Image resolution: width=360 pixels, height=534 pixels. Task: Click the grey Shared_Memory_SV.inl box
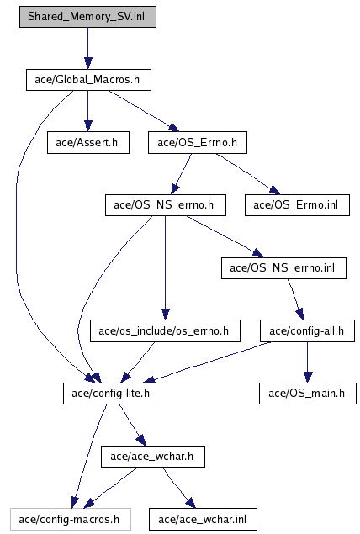click(x=87, y=17)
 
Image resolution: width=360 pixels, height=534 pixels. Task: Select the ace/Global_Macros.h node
click(x=88, y=80)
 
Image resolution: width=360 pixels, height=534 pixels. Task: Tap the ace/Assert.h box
click(x=88, y=143)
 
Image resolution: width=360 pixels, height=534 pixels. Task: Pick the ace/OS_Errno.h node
click(x=198, y=143)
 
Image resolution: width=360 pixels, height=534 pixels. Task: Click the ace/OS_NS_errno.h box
click(x=166, y=205)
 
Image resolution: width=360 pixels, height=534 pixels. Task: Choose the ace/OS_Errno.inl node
click(x=297, y=205)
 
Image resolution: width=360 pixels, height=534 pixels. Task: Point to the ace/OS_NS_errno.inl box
click(x=283, y=268)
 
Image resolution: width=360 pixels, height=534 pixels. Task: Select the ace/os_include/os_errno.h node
click(x=165, y=331)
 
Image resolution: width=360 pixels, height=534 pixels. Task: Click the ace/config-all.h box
click(x=308, y=331)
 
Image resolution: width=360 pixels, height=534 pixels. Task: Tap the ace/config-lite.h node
click(x=112, y=394)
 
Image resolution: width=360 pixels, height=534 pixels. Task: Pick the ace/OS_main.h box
click(x=308, y=394)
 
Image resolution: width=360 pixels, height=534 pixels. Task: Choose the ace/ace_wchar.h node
click(x=153, y=457)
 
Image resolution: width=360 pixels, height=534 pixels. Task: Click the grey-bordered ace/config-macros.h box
click(x=71, y=520)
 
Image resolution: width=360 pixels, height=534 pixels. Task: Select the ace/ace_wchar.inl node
click(x=203, y=520)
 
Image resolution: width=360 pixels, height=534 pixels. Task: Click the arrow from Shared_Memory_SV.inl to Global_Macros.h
click(x=87, y=49)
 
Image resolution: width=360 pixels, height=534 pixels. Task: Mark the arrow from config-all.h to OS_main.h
click(x=308, y=362)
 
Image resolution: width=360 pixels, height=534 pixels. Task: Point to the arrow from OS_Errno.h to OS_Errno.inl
click(x=247, y=174)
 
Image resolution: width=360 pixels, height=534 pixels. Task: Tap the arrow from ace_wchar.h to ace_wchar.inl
click(x=179, y=488)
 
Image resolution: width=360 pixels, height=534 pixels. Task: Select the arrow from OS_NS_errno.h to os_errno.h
click(x=165, y=267)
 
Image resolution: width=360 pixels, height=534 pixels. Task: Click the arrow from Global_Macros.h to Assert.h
click(x=87, y=111)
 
